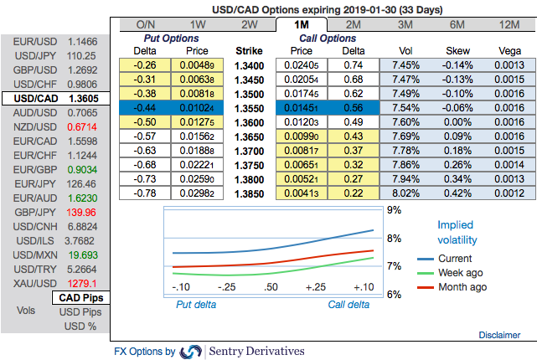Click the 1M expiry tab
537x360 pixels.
click(302, 24)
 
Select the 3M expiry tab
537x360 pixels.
click(405, 24)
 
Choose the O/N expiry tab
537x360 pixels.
click(146, 24)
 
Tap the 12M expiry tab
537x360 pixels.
click(509, 24)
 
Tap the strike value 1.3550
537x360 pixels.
click(249, 108)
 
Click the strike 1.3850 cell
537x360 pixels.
click(249, 193)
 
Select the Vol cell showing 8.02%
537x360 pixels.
click(405, 193)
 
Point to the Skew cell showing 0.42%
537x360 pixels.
click(457, 193)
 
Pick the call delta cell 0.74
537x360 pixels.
click(352, 65)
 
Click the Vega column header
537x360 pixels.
click(509, 50)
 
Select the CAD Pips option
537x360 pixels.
click(80, 298)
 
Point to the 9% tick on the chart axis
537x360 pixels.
click(391, 210)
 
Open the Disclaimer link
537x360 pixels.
click(499, 335)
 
